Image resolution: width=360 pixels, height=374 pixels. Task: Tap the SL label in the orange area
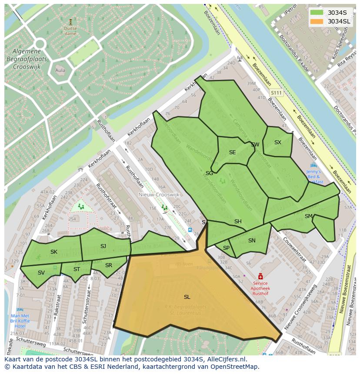tap(187, 297)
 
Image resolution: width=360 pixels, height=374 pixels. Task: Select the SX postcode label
tap(278, 142)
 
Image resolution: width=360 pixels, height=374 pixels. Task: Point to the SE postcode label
tap(233, 152)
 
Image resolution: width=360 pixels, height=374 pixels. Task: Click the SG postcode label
tap(210, 173)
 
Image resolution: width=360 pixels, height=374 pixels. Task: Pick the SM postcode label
tap(309, 216)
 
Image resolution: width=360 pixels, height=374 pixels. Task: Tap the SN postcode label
tap(252, 241)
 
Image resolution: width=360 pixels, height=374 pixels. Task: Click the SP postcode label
tap(226, 248)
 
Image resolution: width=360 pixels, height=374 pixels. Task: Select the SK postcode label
tap(54, 252)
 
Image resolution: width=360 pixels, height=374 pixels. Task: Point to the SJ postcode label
tap(103, 246)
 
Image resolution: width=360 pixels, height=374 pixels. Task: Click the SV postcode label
tap(41, 273)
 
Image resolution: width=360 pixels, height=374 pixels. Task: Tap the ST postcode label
tap(77, 269)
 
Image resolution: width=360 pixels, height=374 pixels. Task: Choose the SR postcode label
tap(109, 265)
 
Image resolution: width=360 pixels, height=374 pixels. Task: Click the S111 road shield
tap(276, 93)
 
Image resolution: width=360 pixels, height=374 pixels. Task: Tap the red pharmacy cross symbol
tap(260, 276)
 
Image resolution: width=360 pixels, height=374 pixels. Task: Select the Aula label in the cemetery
tap(60, 70)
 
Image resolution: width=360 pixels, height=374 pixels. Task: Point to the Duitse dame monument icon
tap(70, 21)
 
